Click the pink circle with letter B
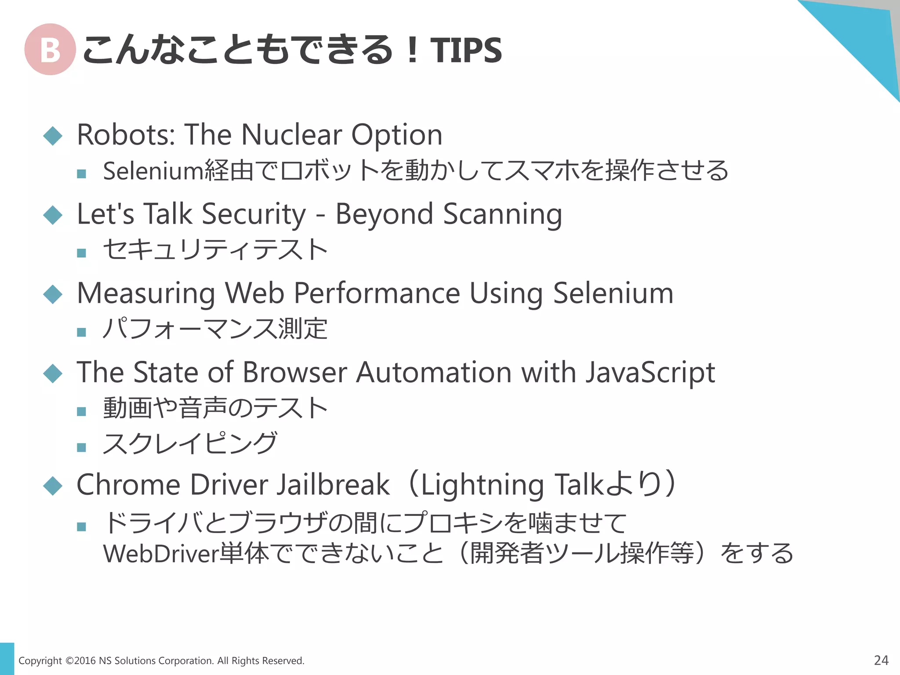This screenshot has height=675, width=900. pyautogui.click(x=50, y=49)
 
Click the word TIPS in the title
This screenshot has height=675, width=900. pyautogui.click(x=465, y=50)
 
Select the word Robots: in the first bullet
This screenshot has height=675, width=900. pyautogui.click(x=126, y=134)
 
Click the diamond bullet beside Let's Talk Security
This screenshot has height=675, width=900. pyautogui.click(x=53, y=215)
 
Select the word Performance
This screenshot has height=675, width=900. pyautogui.click(x=377, y=294)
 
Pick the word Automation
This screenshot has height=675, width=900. pyautogui.click(x=434, y=373)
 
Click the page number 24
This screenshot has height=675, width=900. pyautogui.click(x=881, y=660)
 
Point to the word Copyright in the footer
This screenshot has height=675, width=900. pyautogui.click(x=40, y=661)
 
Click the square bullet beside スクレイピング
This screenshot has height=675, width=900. pyautogui.click(x=81, y=447)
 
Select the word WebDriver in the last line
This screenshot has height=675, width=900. pyautogui.click(x=161, y=554)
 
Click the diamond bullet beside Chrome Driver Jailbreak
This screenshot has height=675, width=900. pyautogui.click(x=53, y=486)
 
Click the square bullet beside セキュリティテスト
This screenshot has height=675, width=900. pyautogui.click(x=81, y=253)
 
